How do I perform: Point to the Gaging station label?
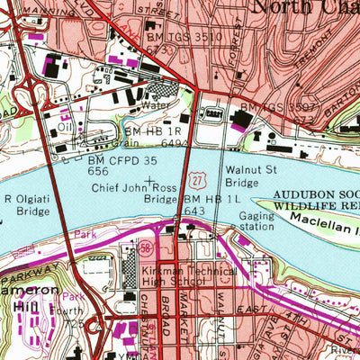[258, 222]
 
